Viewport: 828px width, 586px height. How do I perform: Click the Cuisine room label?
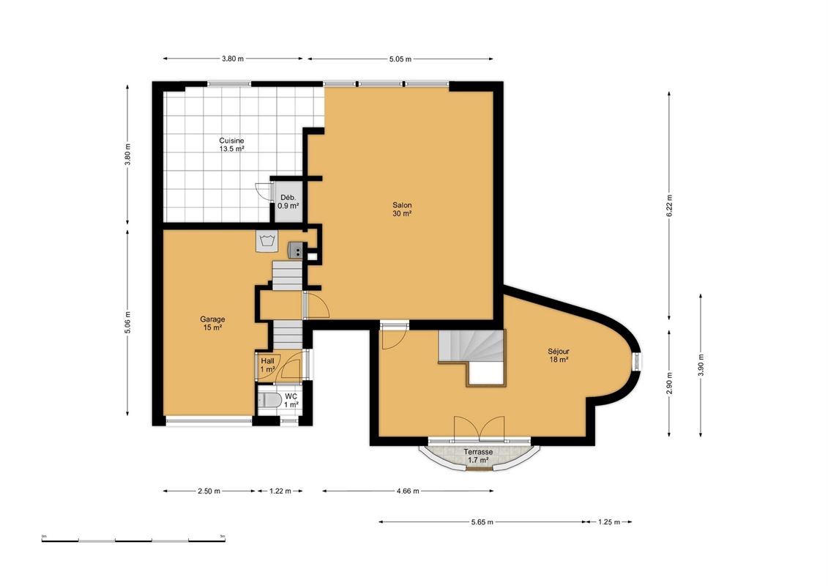pos(232,145)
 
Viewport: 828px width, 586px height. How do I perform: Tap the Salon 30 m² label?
pos(402,209)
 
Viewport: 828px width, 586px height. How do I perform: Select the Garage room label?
pos(212,323)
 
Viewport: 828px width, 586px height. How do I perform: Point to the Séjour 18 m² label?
pos(558,355)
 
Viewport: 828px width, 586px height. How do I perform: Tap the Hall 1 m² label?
pos(267,365)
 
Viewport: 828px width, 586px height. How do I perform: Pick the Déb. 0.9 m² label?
pos(288,201)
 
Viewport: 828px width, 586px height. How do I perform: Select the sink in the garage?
pos(296,250)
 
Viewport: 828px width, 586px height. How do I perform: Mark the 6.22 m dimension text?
pos(669,206)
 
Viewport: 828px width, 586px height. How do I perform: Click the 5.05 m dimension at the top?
pos(400,59)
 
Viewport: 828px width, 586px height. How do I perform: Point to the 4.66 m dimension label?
pos(409,491)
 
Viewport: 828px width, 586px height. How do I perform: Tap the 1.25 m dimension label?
pos(609,522)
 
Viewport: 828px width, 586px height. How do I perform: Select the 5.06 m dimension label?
pos(127,322)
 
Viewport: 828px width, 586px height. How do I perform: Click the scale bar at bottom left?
pos(133,540)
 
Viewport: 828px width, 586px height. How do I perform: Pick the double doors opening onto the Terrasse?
pos(480,428)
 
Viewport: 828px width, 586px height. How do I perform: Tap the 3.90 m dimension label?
pos(701,365)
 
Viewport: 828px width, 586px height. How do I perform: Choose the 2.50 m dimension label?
pos(209,491)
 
